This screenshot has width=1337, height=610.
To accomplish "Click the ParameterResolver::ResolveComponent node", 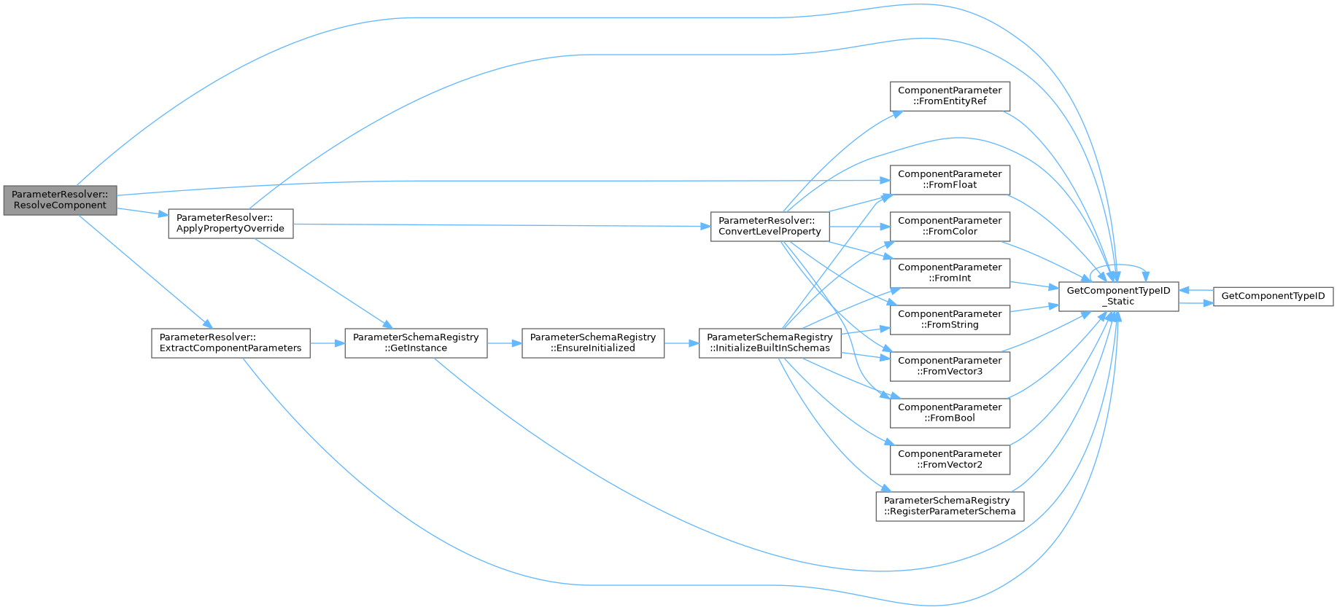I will click(60, 200).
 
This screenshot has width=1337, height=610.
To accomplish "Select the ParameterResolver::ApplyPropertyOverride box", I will click(230, 224).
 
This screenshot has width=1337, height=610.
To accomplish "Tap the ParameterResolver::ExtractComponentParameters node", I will click(230, 343).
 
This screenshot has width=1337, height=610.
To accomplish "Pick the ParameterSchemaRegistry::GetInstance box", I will click(416, 343).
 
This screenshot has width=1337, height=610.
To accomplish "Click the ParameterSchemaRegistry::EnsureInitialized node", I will click(593, 343).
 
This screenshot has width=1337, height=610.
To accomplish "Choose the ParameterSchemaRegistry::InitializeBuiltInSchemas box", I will click(770, 343).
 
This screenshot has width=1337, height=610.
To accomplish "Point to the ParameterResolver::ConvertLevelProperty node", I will click(770, 226).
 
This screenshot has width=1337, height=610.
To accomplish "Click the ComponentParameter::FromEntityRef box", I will click(950, 96).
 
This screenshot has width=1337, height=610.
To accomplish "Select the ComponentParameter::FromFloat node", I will click(950, 179).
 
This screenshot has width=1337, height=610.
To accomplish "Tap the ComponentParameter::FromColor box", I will click(950, 226).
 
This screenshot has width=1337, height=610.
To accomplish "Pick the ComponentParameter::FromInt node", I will click(950, 273).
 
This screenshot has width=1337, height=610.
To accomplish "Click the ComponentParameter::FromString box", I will click(950, 319).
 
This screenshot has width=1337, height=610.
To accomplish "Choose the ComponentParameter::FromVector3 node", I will click(950, 366).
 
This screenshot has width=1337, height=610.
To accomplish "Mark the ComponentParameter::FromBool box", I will click(950, 412).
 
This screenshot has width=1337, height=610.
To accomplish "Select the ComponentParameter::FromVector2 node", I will click(950, 459).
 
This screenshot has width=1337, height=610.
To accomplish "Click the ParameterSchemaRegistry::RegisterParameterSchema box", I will click(950, 506).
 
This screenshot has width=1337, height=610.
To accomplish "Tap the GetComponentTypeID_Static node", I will click(1118, 296).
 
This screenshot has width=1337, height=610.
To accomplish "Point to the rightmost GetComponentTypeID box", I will click(1273, 296).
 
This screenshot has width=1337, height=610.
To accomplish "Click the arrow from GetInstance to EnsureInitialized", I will click(504, 343).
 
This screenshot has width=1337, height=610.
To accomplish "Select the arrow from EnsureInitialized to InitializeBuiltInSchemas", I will click(681, 343).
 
